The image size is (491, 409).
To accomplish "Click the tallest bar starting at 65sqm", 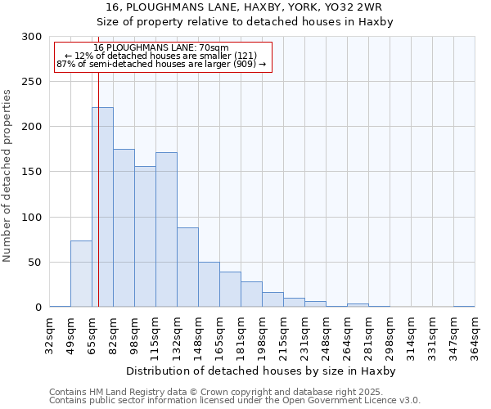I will coord(102,207).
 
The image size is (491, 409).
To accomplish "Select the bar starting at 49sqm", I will coord(81,274).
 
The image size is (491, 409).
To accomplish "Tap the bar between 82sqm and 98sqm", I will coord(124,228).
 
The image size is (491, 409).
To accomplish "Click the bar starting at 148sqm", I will coord(209,285).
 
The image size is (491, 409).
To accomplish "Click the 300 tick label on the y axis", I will coord(32,37).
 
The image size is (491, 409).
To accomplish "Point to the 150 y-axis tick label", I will coord(32,172).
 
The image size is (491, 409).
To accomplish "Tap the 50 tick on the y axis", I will coord(35,263).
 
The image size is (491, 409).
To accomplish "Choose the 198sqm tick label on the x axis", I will coord(263,335).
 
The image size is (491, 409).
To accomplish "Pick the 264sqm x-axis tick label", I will coord(348,335).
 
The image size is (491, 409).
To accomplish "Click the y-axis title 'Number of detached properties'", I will coord(8,175).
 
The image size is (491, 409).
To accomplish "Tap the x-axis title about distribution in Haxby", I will coord(263,371).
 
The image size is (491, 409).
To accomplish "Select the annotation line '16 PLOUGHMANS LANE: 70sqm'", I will coord(161,48).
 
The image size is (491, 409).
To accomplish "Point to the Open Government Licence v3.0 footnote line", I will coord(235,400).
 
